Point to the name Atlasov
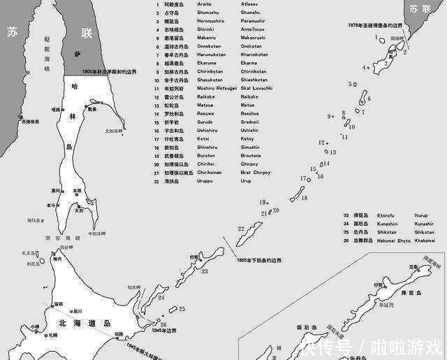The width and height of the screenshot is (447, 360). click(x=251, y=4)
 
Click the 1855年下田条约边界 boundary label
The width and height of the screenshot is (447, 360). click(x=259, y=260)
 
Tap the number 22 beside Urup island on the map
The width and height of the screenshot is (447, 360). click(x=240, y=229)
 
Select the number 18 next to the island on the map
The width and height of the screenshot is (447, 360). click(x=304, y=198)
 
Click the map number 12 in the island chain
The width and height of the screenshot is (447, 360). click(x=321, y=143)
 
